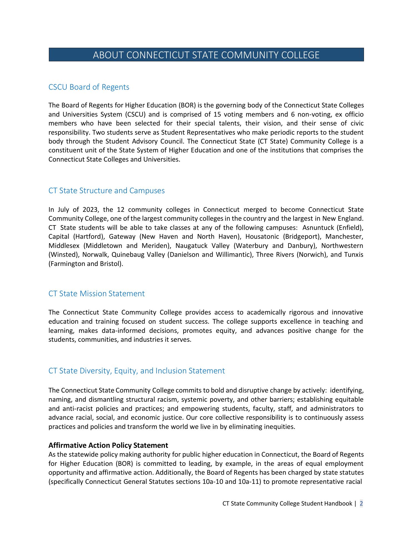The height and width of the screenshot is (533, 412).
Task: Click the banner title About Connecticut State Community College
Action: point(206,55)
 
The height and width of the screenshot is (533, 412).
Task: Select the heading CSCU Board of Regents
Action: point(89,87)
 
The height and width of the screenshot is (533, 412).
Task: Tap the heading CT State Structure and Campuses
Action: point(106,191)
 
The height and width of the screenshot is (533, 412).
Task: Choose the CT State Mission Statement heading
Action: point(96,294)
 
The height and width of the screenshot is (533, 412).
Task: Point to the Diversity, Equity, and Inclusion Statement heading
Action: point(137,371)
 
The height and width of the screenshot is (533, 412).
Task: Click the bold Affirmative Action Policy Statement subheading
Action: point(108,446)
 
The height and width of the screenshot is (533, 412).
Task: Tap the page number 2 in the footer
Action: point(361,504)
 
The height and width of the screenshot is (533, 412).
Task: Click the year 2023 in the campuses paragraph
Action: point(89,210)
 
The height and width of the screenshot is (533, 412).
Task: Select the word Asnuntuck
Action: point(318,228)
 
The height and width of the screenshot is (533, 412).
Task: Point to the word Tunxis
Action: point(354,255)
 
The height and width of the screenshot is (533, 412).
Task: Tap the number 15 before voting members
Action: point(217,115)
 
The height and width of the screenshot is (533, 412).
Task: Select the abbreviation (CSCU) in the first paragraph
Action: point(135,115)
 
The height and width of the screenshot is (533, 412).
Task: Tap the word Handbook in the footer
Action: point(338,504)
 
